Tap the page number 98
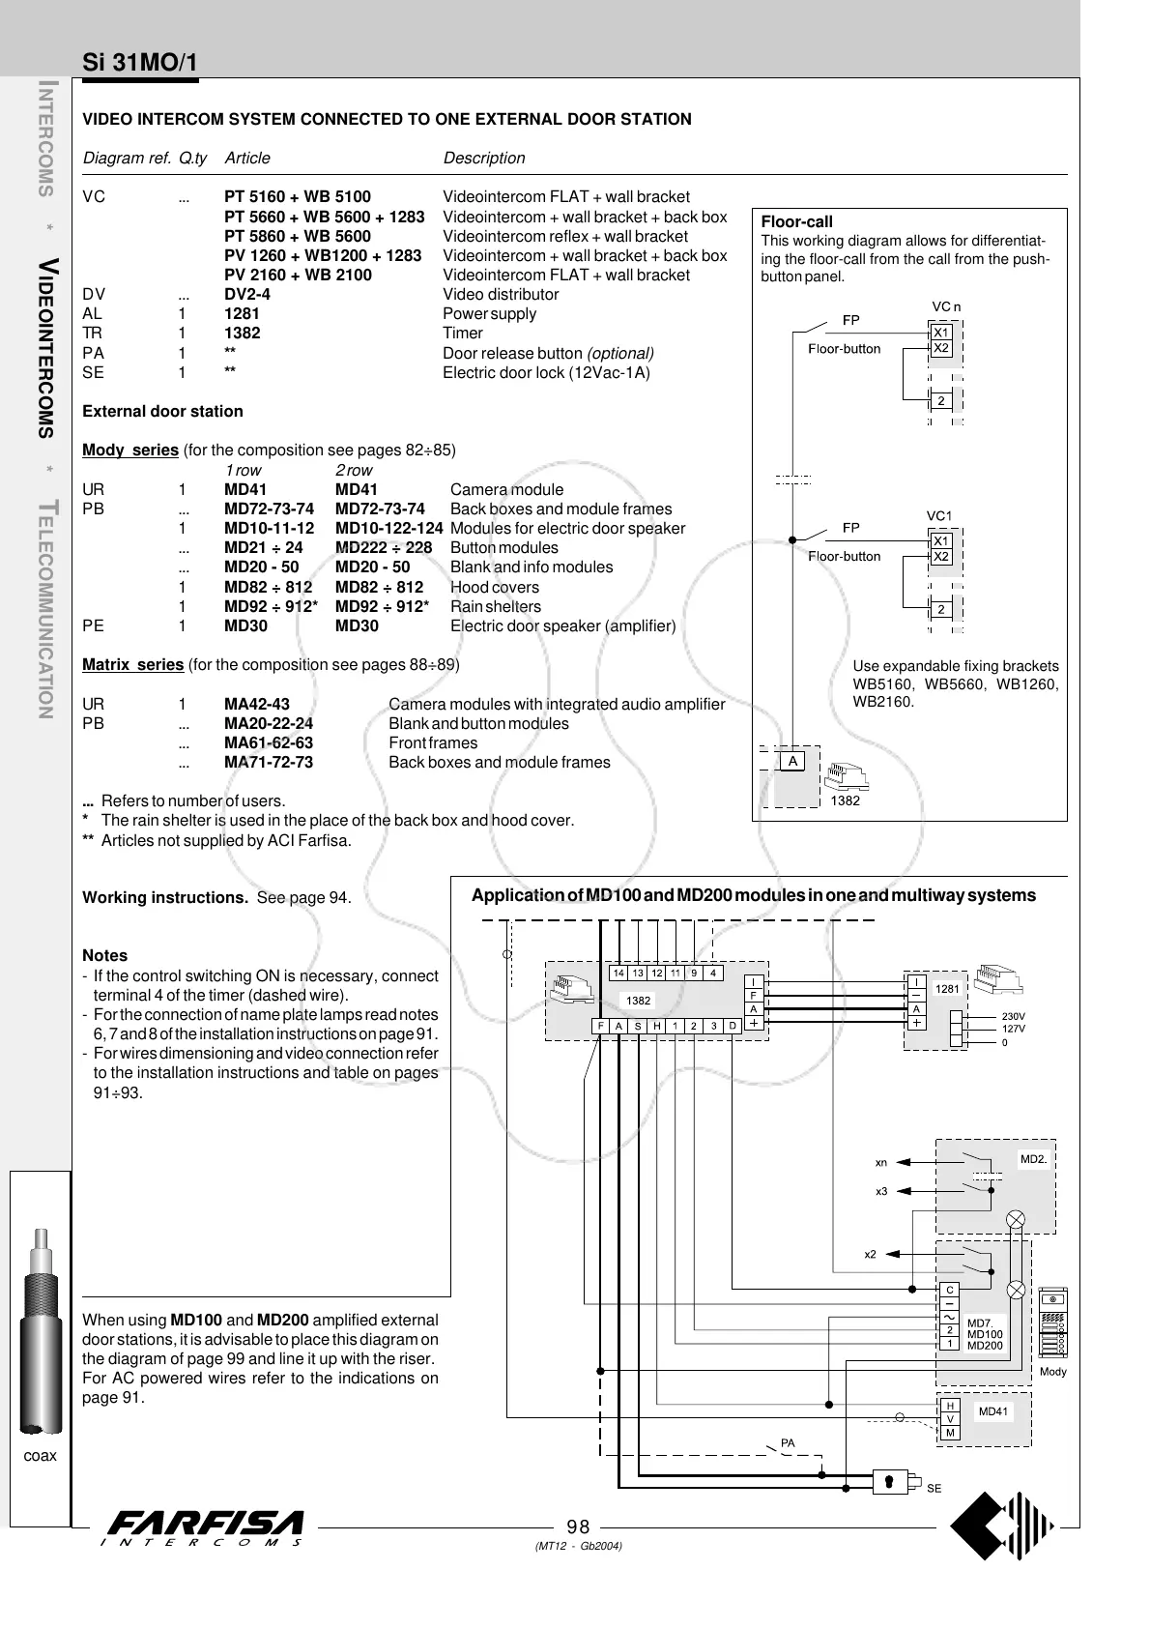[x=578, y=1526]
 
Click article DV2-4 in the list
[x=247, y=294]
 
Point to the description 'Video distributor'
[x=501, y=294]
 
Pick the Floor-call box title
[x=796, y=221]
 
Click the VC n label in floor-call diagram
[x=946, y=307]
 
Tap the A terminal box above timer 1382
[x=792, y=761]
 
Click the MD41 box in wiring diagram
[x=992, y=1411]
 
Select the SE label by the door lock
[x=934, y=1489]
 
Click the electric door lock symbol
[x=894, y=1480]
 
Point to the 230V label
[x=1013, y=1016]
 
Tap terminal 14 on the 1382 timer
[x=618, y=973]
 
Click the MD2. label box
[x=1033, y=1158]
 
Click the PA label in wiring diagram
[x=788, y=1443]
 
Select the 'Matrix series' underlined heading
[x=132, y=665]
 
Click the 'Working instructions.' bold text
[x=165, y=898]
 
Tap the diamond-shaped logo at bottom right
[x=1001, y=1526]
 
